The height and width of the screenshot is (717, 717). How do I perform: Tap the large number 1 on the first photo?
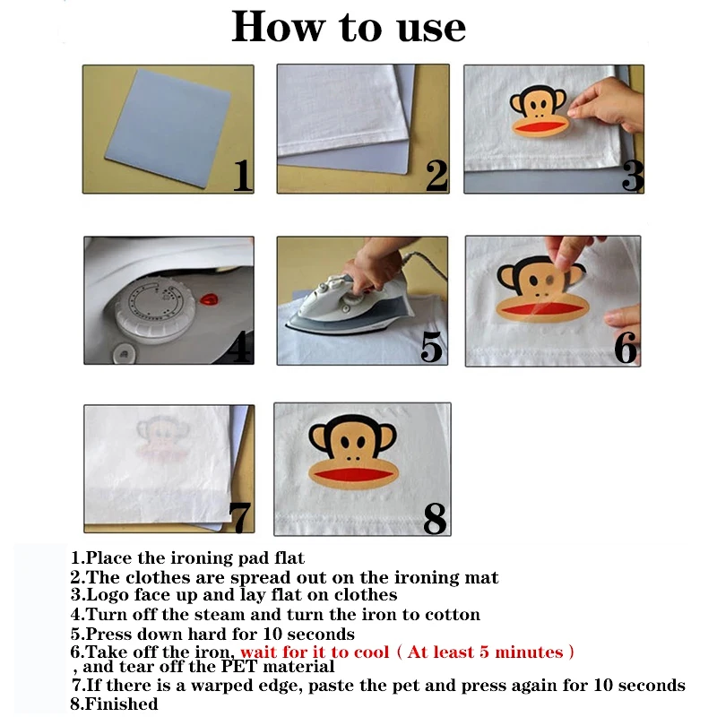[x=242, y=175]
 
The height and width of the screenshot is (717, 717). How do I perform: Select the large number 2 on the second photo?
[x=436, y=175]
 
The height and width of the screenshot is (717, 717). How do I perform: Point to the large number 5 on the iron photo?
[x=431, y=347]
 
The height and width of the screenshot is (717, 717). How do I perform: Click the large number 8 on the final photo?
[x=435, y=518]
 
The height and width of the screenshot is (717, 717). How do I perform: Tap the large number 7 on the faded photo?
[x=240, y=517]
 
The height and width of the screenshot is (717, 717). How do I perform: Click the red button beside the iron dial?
[x=209, y=300]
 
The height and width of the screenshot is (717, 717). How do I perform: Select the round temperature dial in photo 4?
[x=155, y=311]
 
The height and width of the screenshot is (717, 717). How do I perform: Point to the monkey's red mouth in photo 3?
[x=540, y=126]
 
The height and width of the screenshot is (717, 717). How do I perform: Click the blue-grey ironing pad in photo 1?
[x=168, y=127]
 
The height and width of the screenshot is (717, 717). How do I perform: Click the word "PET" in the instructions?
[x=239, y=666]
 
